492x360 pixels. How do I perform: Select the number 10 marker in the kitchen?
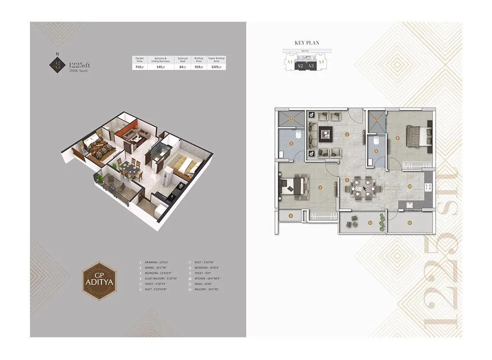tap(409, 186)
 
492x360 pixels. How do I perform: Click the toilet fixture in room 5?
tap(299, 137)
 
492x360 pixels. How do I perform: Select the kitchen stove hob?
tap(427, 187)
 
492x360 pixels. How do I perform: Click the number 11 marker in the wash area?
tap(409, 222)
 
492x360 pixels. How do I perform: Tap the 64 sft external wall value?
tap(182, 67)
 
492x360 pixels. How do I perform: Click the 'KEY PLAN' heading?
tap(307, 43)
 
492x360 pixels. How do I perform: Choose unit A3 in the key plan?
tap(311, 65)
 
